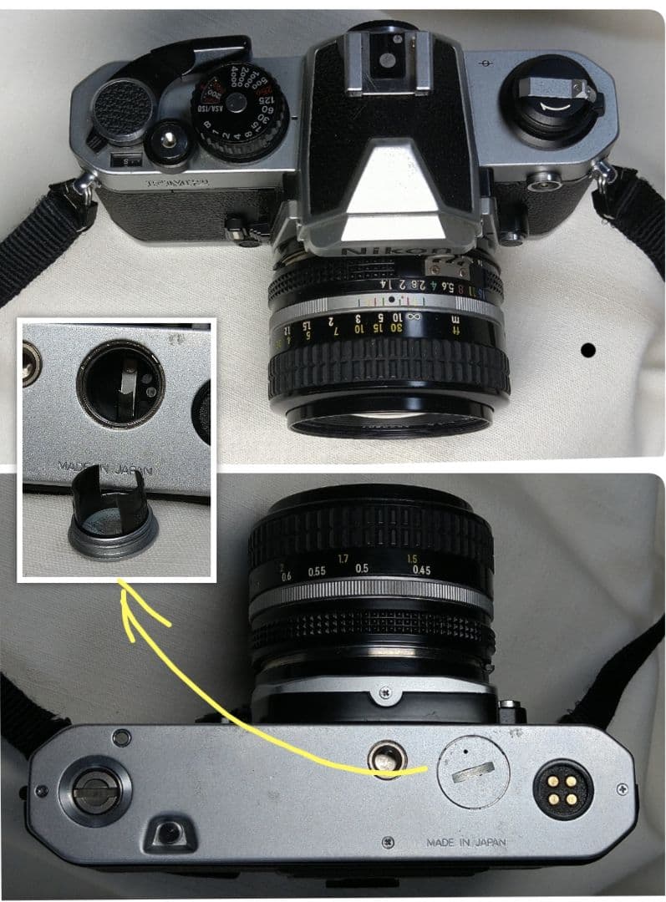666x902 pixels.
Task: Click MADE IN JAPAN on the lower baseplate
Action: [466, 843]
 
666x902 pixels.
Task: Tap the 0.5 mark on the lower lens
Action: [361, 568]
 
